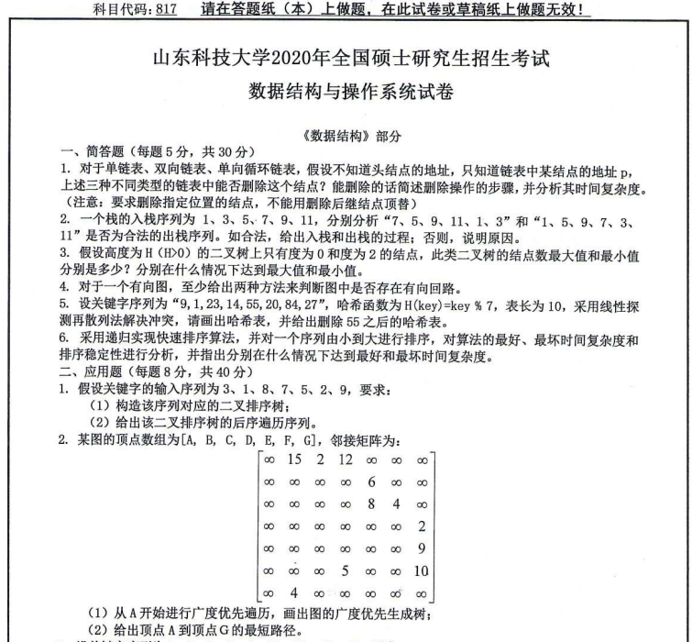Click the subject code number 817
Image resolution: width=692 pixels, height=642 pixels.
pyautogui.click(x=165, y=10)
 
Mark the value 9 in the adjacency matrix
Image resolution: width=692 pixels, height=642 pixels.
pyautogui.click(x=421, y=548)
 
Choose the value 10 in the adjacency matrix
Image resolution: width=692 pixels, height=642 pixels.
pyautogui.click(x=421, y=570)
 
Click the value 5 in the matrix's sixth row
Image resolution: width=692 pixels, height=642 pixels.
pyautogui.click(x=345, y=570)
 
